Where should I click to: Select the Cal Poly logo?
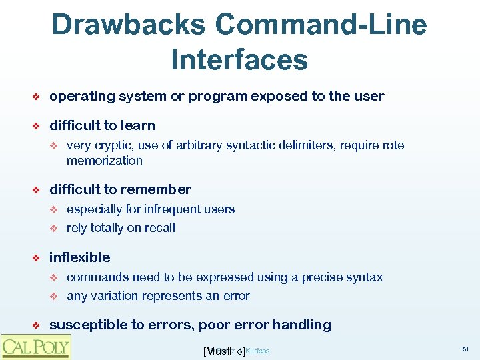pyautogui.click(x=36, y=347)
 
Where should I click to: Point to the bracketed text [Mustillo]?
pyautogui.click(x=224, y=351)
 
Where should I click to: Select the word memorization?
pyautogui.click(x=104, y=161)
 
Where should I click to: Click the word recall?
pyautogui.click(x=159, y=228)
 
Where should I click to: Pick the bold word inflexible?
pyautogui.click(x=79, y=257)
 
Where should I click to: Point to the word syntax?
pyautogui.click(x=365, y=277)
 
